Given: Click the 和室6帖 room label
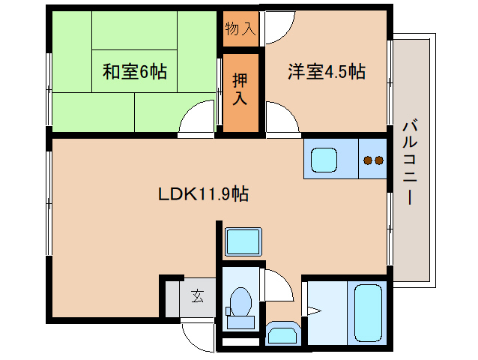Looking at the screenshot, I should click(135, 73).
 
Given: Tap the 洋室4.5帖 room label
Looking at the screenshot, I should click(327, 72).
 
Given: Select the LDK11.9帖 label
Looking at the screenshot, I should click(204, 194).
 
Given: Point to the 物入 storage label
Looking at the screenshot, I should click(240, 30).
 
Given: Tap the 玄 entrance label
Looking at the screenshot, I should click(197, 295).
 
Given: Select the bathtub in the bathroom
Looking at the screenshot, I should click(368, 311).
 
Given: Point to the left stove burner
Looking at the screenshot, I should click(367, 160).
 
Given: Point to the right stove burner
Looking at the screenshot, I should click(379, 160).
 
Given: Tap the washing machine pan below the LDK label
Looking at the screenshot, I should click(243, 241).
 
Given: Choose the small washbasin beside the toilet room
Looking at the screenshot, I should click(281, 332).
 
